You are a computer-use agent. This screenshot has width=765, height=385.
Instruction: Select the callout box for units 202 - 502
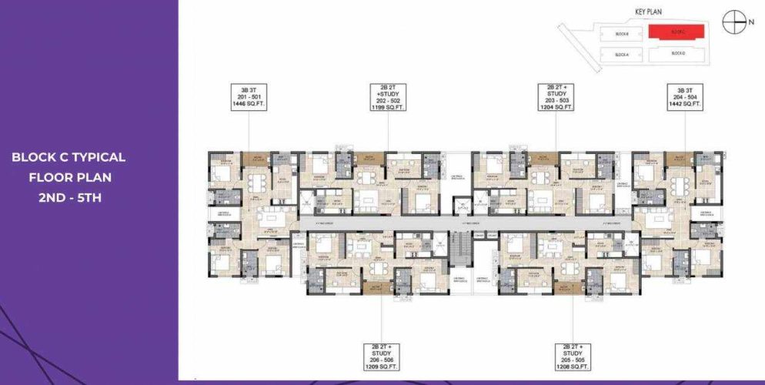tap(388, 98)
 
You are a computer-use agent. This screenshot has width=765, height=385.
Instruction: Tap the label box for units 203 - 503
tap(555, 98)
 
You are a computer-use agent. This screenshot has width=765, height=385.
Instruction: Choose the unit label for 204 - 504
tap(684, 98)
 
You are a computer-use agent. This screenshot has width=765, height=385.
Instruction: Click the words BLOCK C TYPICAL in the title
tap(68, 157)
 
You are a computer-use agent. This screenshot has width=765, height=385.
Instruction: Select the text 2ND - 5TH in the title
tap(68, 197)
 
